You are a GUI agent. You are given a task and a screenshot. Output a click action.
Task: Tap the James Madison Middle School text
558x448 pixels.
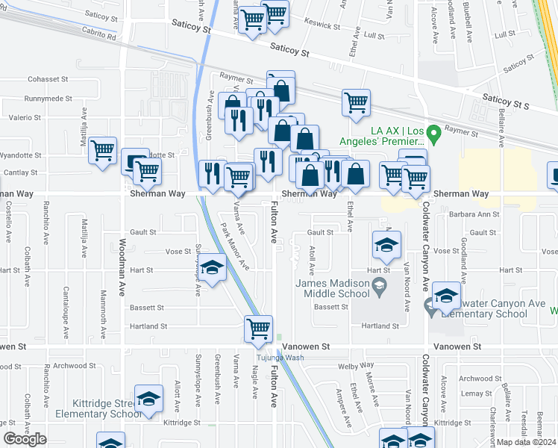[333, 288]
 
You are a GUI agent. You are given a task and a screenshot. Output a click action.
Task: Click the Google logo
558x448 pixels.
[25, 439]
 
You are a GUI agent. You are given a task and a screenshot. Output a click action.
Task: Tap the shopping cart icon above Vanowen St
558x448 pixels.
[258, 328]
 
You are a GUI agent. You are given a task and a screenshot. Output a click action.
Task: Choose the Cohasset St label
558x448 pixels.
[48, 78]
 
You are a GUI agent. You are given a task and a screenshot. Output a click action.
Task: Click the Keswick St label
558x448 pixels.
[322, 24]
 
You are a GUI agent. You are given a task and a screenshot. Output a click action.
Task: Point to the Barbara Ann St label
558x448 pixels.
[474, 214]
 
